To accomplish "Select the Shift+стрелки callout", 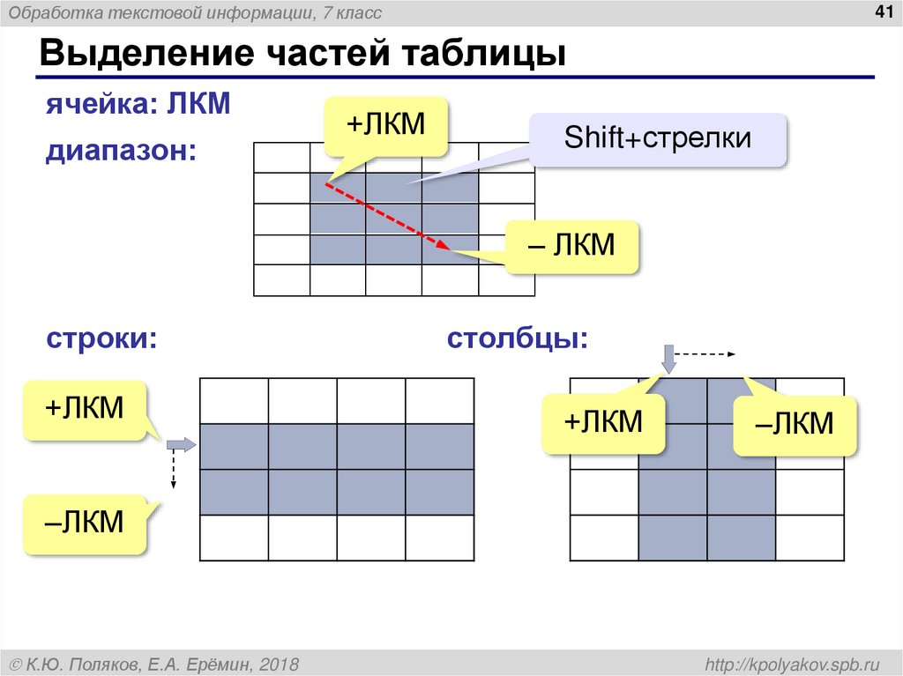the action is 657,138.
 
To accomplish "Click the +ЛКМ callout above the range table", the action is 384,124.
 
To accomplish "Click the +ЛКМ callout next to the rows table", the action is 85,409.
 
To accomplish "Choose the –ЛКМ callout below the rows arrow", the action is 85,524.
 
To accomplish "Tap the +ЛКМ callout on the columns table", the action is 603,423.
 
